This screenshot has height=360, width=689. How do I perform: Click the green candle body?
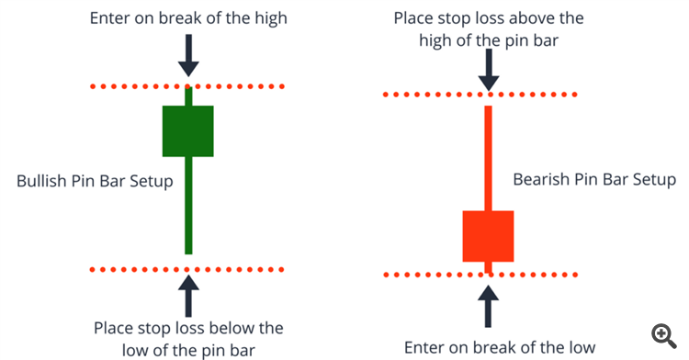pos(188,130)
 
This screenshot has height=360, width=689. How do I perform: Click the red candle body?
pos(488,236)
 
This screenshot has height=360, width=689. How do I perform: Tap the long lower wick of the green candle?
pos(188,206)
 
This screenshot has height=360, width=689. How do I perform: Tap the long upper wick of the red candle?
pos(488,158)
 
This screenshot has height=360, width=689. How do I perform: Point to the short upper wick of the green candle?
pos(188,96)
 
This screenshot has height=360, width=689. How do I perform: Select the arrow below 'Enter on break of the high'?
pos(188,56)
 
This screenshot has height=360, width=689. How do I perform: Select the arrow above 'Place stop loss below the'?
pos(188,296)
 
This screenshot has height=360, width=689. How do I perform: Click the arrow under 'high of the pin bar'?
pos(489,70)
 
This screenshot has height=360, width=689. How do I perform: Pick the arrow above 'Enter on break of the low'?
pos(488,307)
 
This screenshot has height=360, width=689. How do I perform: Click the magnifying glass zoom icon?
pos(663,336)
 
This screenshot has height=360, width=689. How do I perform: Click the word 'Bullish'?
pos(41,181)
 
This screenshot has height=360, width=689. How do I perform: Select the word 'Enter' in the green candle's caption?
pos(110,18)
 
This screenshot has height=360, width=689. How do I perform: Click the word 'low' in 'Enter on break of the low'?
pos(582,347)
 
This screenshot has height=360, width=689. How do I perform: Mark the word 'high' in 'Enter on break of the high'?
pos(271,18)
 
